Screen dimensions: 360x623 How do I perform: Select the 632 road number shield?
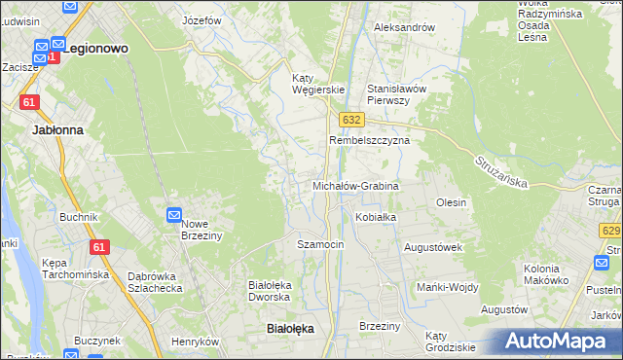[352, 119]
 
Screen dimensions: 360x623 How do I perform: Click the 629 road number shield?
[611, 231]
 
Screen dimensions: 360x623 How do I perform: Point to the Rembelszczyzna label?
[369, 140]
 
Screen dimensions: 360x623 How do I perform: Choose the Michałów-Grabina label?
[355, 185]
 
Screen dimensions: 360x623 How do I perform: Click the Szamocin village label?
[320, 244]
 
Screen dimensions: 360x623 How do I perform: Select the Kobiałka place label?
[376, 217]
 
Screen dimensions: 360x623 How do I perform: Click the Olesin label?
[452, 202]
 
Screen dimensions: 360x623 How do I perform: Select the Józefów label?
[202, 20]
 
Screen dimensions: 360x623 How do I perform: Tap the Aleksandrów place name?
[404, 27]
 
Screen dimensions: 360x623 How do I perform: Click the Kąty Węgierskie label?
[319, 84]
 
